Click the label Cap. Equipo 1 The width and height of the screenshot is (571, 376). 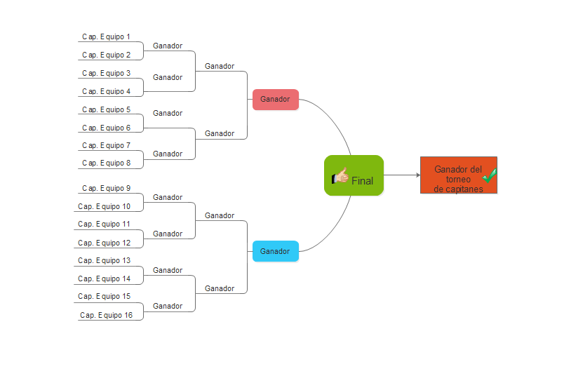point(106,36)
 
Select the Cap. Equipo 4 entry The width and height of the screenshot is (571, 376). point(106,91)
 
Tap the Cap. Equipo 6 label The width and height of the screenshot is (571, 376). point(106,128)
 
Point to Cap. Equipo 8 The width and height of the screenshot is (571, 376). point(106,163)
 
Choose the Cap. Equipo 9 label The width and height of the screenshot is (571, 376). point(106,188)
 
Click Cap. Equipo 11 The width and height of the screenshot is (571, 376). point(104,224)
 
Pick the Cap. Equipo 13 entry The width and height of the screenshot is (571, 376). point(104,260)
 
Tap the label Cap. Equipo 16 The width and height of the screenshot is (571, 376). point(106,315)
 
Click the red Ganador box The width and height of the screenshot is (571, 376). point(275,100)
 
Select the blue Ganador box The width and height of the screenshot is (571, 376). point(275,251)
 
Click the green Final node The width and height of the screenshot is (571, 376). point(354,175)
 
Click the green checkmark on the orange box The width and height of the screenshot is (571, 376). point(490,175)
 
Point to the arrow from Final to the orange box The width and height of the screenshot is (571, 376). point(402,175)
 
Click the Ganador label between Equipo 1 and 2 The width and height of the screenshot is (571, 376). point(168,46)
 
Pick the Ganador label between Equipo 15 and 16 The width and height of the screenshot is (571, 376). point(168,306)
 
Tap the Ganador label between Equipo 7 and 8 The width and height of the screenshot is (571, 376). point(168,154)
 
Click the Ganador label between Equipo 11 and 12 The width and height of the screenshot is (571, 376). point(168,234)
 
